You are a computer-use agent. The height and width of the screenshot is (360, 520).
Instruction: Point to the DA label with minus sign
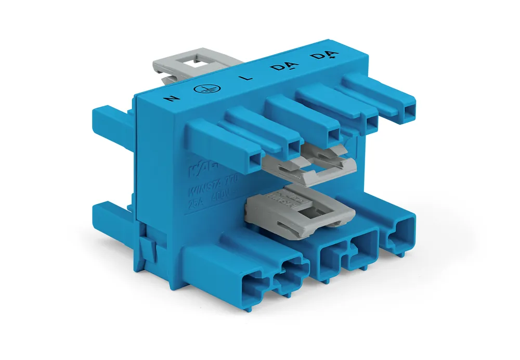(280, 68)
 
